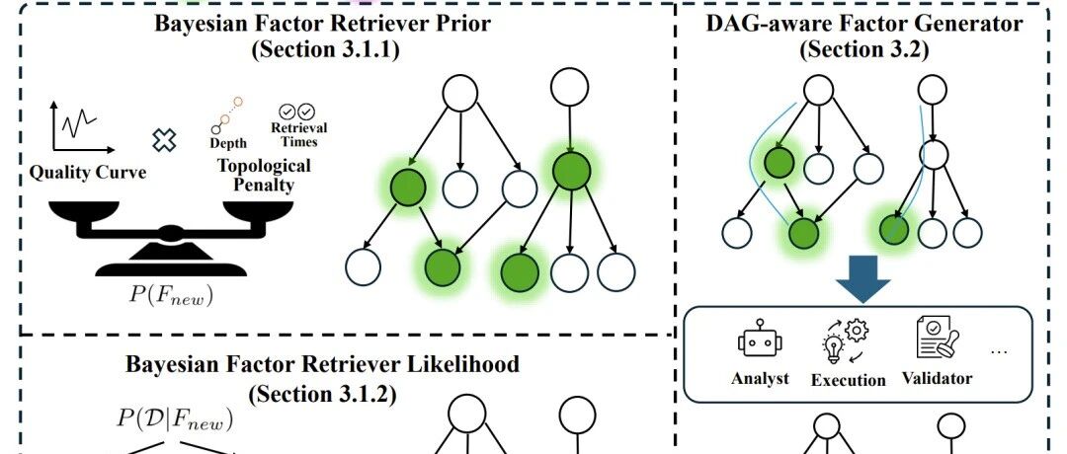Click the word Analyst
[x=760, y=379]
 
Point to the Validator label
[x=937, y=378]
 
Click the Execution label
[x=848, y=379]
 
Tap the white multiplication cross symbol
[x=164, y=138]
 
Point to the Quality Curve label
[x=88, y=173]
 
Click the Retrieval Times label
[x=298, y=134]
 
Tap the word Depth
[x=228, y=143]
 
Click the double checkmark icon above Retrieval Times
[x=297, y=112]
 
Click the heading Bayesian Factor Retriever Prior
[x=323, y=24]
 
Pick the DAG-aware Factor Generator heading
[x=863, y=23]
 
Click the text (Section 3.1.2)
[x=322, y=394]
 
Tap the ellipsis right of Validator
[x=998, y=352]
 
